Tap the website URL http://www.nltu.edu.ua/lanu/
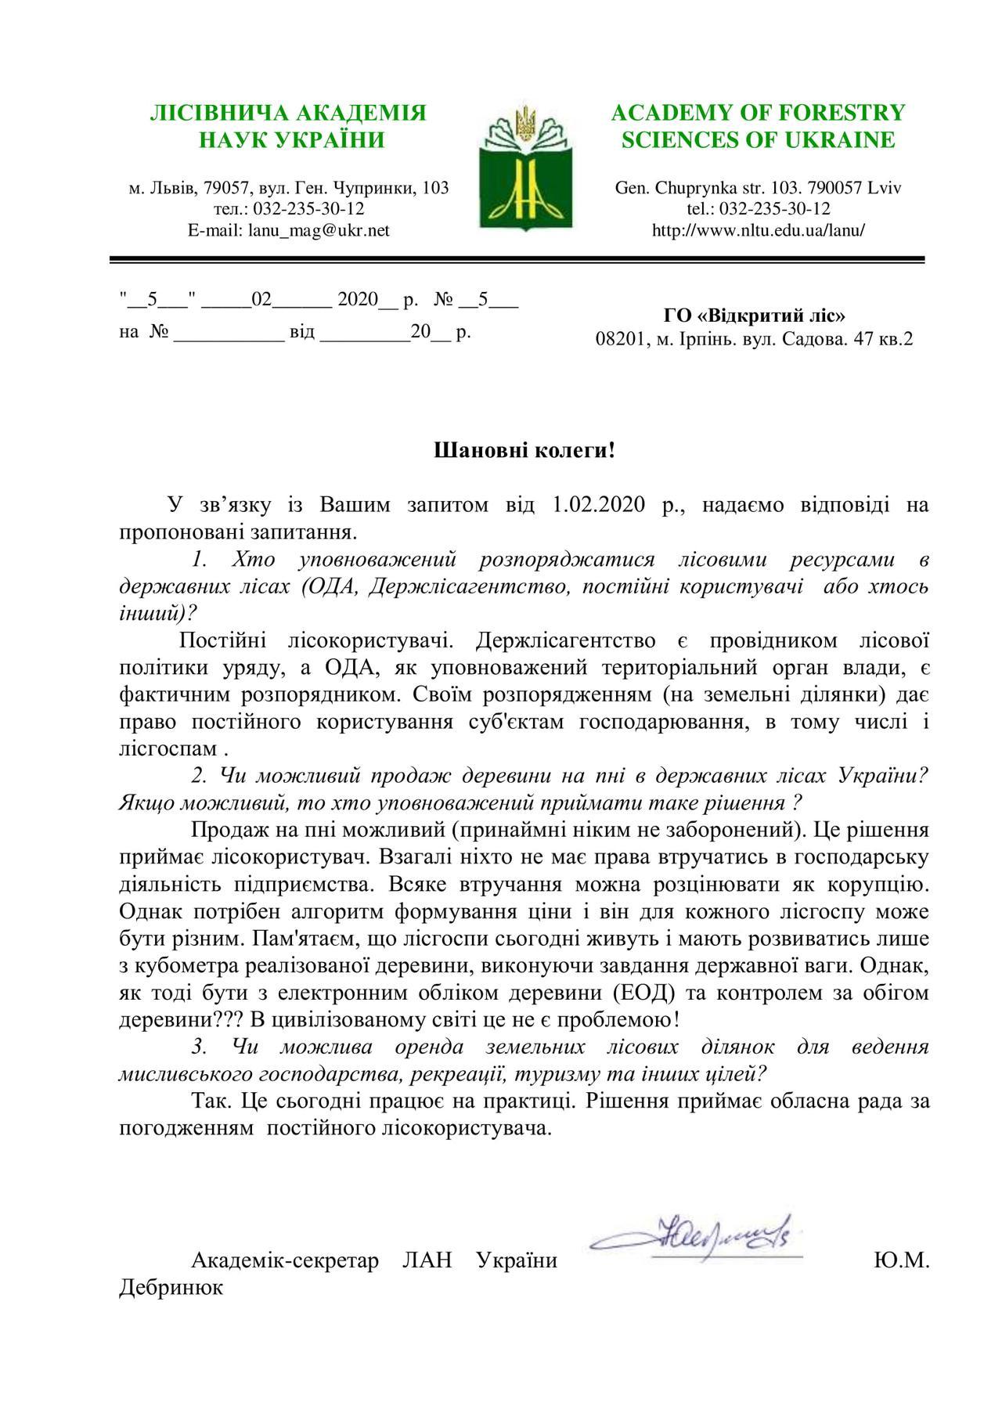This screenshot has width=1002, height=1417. tap(758, 230)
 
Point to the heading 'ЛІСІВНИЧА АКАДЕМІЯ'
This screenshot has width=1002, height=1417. tap(288, 113)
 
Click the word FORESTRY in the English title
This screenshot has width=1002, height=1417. tap(844, 113)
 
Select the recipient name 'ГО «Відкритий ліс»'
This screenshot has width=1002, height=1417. tap(755, 315)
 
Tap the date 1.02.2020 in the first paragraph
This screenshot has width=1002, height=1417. tap(600, 504)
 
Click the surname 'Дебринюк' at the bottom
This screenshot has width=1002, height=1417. tap(171, 1287)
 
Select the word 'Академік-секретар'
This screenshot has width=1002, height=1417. tap(285, 1260)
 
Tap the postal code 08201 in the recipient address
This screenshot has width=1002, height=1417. tap(619, 339)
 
